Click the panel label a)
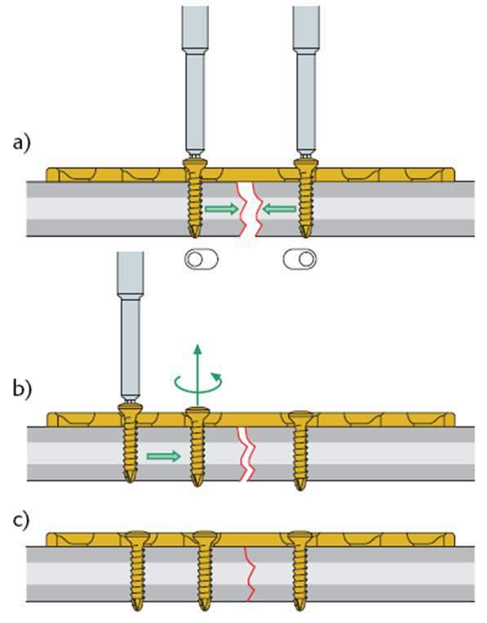(x=22, y=143)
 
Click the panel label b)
(x=22, y=389)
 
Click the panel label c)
(x=21, y=519)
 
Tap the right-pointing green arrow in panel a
(x=222, y=209)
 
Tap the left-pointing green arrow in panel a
(x=280, y=208)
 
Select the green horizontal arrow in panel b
(x=164, y=456)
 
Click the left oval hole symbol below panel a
(x=201, y=259)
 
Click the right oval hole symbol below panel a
(x=300, y=259)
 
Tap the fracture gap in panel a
(x=250, y=209)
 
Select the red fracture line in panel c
(x=250, y=573)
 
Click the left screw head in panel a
(x=195, y=165)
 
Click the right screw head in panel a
(x=306, y=165)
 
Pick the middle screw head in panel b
(x=197, y=414)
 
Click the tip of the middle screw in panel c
(x=204, y=609)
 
